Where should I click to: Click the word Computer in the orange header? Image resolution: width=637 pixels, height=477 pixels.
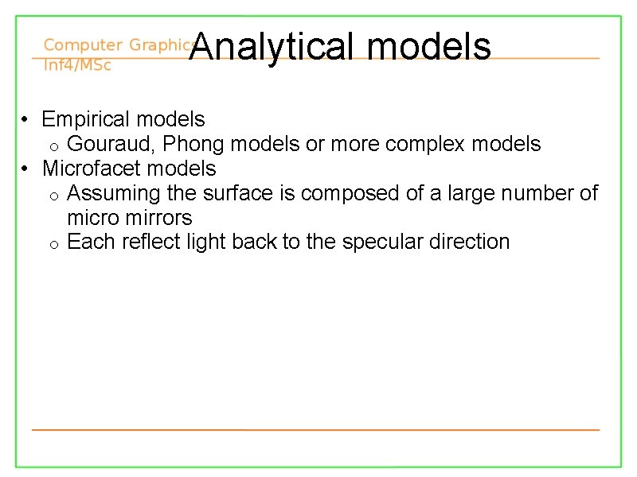pyautogui.click(x=83, y=45)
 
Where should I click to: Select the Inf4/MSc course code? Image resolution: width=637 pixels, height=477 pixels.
pyautogui.click(x=77, y=65)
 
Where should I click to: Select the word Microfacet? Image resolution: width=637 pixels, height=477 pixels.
pyautogui.click(x=90, y=169)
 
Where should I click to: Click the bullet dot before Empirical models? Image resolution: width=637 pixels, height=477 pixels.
pyautogui.click(x=26, y=121)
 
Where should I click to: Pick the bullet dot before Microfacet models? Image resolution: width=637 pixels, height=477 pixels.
pyautogui.click(x=26, y=169)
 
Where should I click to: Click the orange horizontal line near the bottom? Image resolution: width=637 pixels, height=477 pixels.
pyautogui.click(x=315, y=429)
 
